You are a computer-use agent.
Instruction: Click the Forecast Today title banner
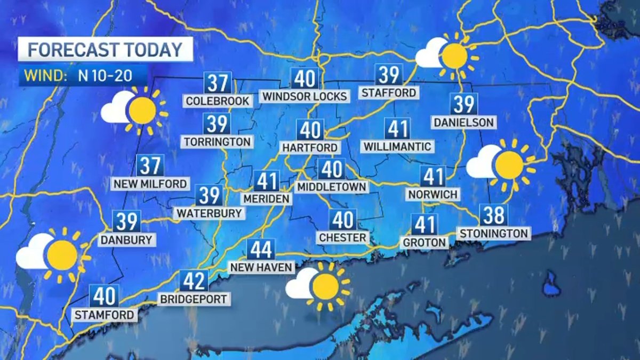[x=105, y=50]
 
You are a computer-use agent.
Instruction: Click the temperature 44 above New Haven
[x=261, y=249]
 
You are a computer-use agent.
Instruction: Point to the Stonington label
[x=494, y=233]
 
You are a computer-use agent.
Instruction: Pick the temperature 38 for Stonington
[x=494, y=215]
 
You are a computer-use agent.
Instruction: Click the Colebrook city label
[x=218, y=101]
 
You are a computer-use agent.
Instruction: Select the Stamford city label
[x=104, y=315]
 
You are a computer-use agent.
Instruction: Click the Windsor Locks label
[x=305, y=96]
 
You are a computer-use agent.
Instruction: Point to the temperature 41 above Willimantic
[x=397, y=129]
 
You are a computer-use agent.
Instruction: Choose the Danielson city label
[x=463, y=122]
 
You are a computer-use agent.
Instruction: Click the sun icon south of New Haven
[x=325, y=286]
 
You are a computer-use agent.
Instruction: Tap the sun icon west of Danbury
[x=62, y=255]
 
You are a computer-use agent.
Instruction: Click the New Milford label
[x=150, y=184]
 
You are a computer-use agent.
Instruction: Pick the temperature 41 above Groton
[x=425, y=225]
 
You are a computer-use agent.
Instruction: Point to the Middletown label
[x=332, y=187]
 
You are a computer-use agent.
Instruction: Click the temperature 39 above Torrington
[x=218, y=124]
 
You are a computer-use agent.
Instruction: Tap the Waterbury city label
[x=210, y=213]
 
